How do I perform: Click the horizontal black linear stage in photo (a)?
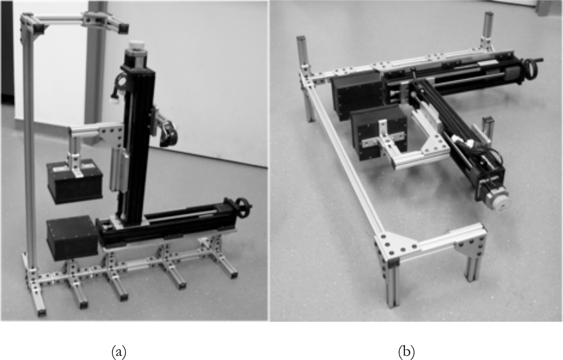click(172, 221)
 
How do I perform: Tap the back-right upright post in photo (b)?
click(488, 27)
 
